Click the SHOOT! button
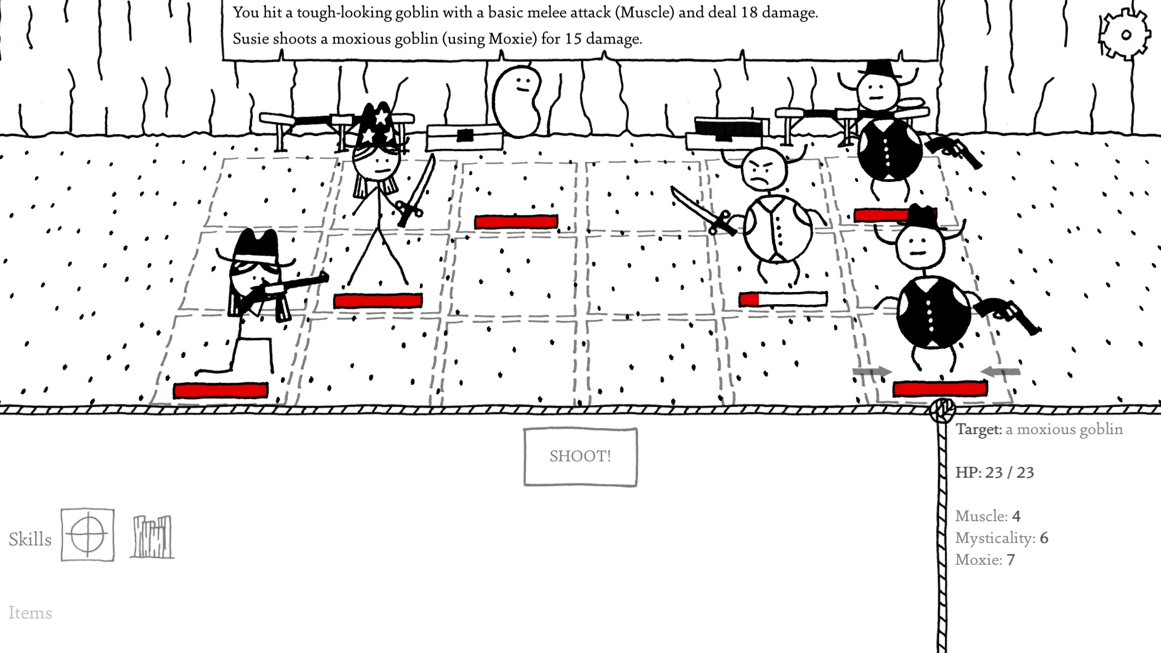pyautogui.click(x=580, y=456)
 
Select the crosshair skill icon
pyautogui.click(x=88, y=534)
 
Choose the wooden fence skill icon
pyautogui.click(x=152, y=536)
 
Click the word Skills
pyautogui.click(x=30, y=539)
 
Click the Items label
pyautogui.click(x=30, y=613)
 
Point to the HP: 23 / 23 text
pyautogui.click(x=995, y=472)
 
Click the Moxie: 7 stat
pyautogui.click(x=985, y=560)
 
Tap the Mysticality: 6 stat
pyautogui.click(x=1001, y=538)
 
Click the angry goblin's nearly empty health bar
pyautogui.click(x=783, y=299)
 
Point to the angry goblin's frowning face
pyautogui.click(x=763, y=169)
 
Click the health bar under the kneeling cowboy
pyautogui.click(x=221, y=391)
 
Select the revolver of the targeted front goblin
pyautogui.click(x=1007, y=316)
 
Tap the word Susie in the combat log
pyautogui.click(x=251, y=39)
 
